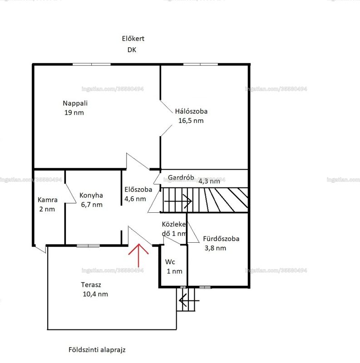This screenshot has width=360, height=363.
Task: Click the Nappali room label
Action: (75, 103)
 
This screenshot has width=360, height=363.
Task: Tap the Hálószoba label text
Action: (191, 111)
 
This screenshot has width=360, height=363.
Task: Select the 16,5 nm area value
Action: (191, 121)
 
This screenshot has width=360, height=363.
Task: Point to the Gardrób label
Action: (181, 177)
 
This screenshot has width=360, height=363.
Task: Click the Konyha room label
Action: (91, 196)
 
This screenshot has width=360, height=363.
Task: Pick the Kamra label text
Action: (48, 200)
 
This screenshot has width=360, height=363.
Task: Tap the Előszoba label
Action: (138, 189)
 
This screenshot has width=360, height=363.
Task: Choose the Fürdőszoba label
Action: (221, 239)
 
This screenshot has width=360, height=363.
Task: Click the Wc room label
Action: (170, 262)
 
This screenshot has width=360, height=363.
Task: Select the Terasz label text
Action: (91, 285)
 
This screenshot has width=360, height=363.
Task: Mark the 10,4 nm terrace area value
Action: (95, 294)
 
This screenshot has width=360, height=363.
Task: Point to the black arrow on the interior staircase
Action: (178, 201)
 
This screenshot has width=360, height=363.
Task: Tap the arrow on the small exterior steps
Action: (189, 300)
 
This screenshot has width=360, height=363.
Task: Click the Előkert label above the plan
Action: (133, 39)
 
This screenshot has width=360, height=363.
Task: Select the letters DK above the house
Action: (132, 50)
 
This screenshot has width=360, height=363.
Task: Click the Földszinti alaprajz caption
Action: (97, 349)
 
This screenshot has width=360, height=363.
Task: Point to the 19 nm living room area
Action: (74, 113)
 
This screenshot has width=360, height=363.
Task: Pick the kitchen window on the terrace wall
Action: (88, 246)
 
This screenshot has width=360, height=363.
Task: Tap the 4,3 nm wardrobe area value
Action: (209, 181)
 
